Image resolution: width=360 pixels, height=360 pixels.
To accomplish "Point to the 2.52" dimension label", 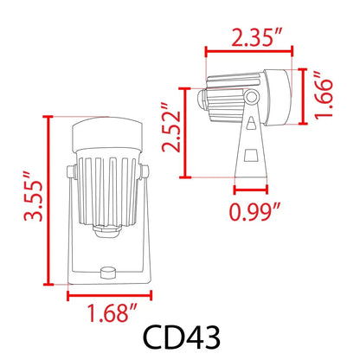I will pyautogui.click(x=176, y=132).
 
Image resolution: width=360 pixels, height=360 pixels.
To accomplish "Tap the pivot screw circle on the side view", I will pyautogui.click(x=251, y=93).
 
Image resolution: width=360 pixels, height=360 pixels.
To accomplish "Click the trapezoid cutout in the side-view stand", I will pyautogui.click(x=251, y=157).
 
